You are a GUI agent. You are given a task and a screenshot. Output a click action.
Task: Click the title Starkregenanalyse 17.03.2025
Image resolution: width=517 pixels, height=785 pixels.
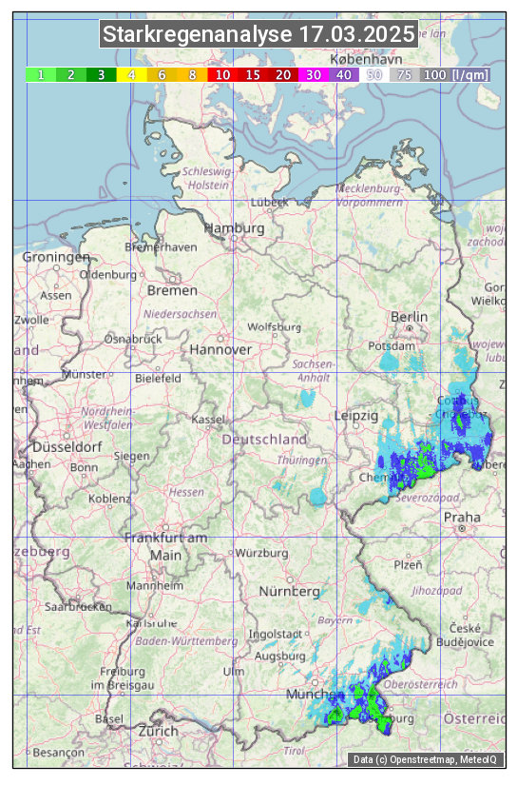pos(259,35)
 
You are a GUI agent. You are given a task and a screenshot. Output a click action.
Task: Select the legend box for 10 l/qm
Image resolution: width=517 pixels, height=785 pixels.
pos(222,74)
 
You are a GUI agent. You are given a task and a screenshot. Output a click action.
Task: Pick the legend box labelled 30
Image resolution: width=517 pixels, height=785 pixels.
pos(313,74)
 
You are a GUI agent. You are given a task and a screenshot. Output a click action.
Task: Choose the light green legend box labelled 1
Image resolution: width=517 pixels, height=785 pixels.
pos(41,74)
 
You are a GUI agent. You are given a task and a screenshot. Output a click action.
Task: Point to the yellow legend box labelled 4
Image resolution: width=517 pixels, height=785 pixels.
pos(131,74)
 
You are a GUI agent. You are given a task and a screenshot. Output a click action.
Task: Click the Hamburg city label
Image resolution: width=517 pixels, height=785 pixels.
pos(235,229)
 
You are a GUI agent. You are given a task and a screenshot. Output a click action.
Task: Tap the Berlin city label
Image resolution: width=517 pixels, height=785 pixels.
pos(410,317)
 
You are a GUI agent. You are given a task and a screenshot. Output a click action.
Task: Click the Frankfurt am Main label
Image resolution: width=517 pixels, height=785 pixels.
pos(165,546)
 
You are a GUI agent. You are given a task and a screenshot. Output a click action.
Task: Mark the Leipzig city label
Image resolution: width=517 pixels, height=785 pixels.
pos(356,416)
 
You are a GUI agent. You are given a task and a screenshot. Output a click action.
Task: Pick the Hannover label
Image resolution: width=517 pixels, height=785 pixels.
pos(220,349)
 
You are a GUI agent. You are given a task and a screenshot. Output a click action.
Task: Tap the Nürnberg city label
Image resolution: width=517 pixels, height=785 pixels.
pos(290,592)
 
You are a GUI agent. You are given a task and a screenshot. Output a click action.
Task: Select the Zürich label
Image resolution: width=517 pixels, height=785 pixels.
pos(158,731)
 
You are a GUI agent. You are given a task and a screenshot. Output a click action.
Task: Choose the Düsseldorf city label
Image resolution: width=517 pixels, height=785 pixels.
pos(67,446)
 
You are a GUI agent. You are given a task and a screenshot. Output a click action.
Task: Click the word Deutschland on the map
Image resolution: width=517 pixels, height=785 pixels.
pos(264,440)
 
